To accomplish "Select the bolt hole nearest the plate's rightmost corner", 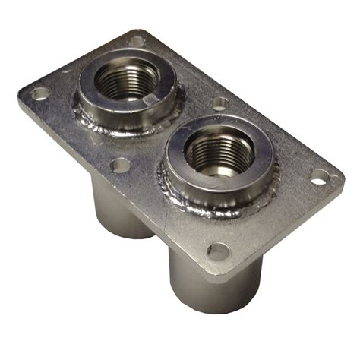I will (x=320, y=177).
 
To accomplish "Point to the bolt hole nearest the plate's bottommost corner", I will (x=218, y=251).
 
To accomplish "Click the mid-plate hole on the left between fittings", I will (x=120, y=165).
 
